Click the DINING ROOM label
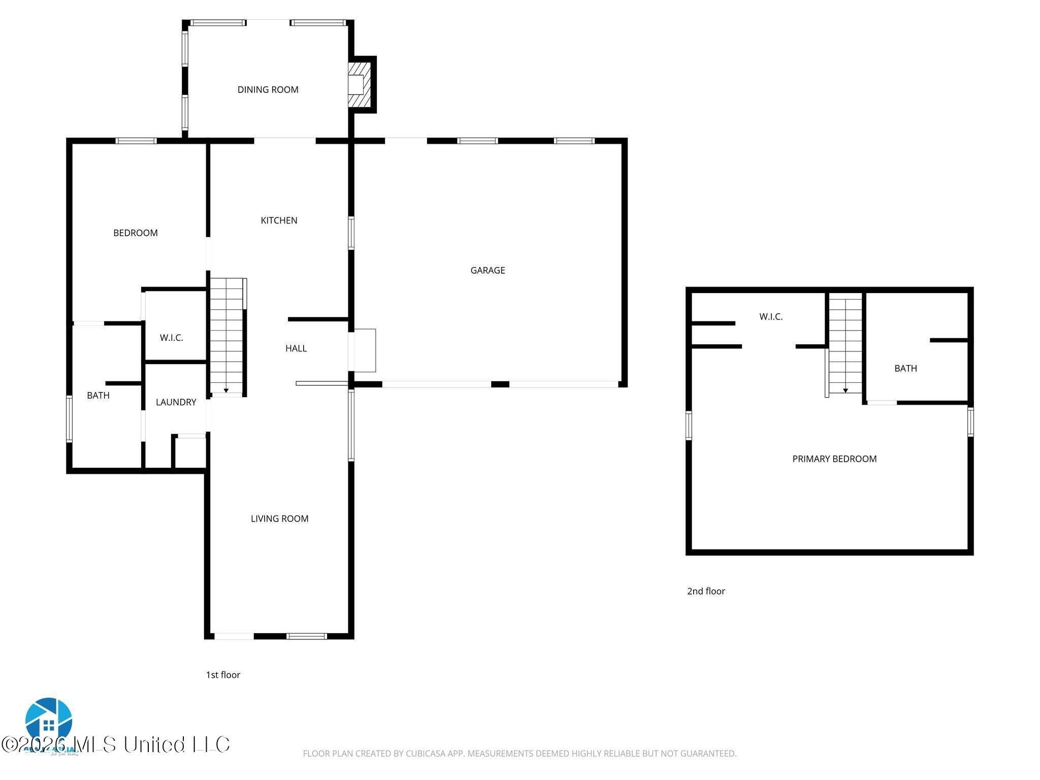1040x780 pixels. tap(268, 90)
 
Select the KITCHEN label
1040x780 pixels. tap(279, 220)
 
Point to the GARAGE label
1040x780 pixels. tap(487, 271)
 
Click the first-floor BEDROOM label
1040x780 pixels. tap(135, 233)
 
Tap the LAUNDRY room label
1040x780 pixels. tap(176, 402)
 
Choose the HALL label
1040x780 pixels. tap(296, 348)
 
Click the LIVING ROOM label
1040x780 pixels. tap(279, 518)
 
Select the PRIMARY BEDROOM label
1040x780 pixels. tap(834, 459)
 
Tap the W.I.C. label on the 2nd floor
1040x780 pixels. tap(770, 317)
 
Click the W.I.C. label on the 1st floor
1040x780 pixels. tap(171, 338)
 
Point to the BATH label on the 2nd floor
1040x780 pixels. tap(905, 369)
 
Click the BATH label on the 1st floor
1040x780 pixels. tap(98, 396)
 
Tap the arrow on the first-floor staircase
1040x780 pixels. tap(226, 390)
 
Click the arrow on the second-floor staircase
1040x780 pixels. tap(846, 390)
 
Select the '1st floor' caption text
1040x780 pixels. tap(222, 675)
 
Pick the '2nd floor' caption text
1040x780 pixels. tap(706, 591)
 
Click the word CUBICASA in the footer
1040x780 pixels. tap(426, 754)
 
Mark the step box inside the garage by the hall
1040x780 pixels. tap(365, 350)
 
